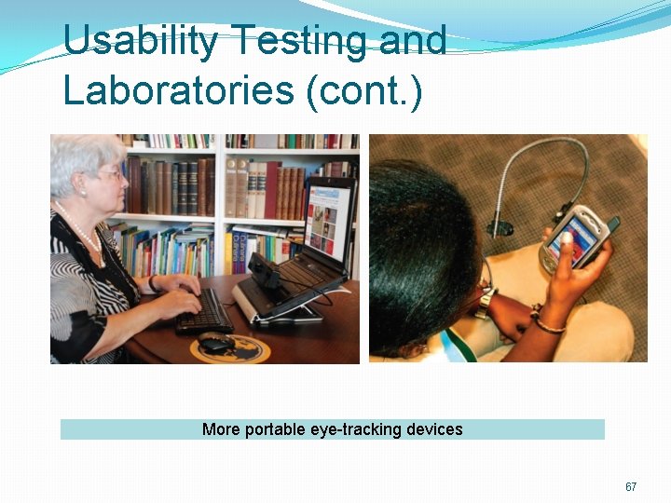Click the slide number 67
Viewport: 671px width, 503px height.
pyautogui.click(x=631, y=487)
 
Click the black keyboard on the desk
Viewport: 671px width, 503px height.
pyautogui.click(x=205, y=312)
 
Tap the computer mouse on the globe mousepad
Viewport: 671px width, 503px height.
pyautogui.click(x=216, y=343)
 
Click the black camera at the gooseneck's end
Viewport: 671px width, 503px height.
pyautogui.click(x=500, y=227)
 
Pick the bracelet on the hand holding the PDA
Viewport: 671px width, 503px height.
pyautogui.click(x=548, y=325)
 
